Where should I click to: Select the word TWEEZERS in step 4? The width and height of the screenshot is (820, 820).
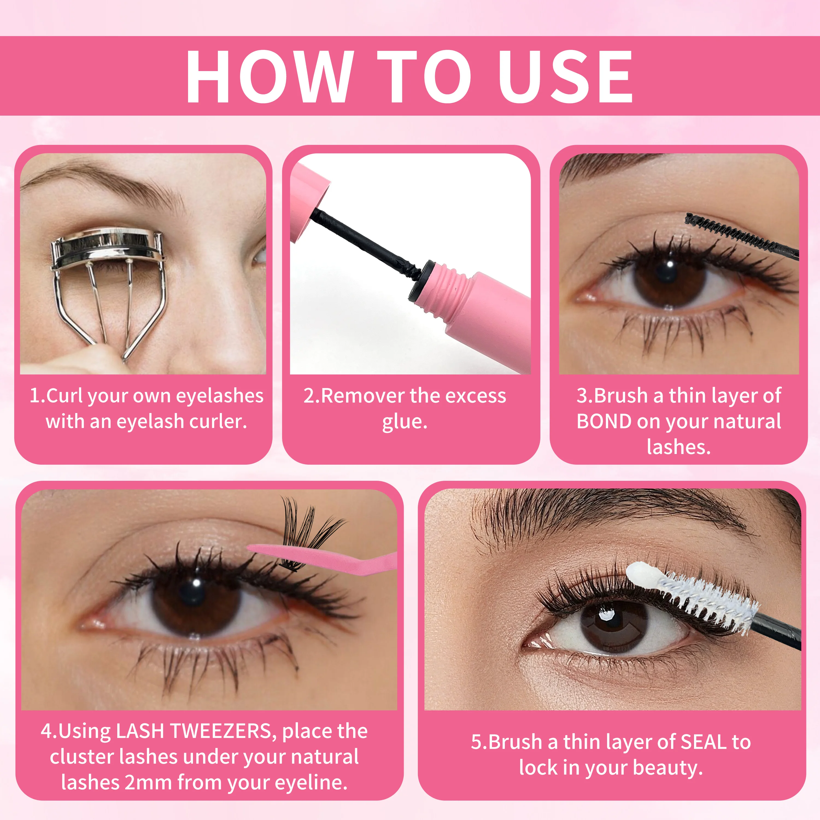(x=223, y=731)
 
